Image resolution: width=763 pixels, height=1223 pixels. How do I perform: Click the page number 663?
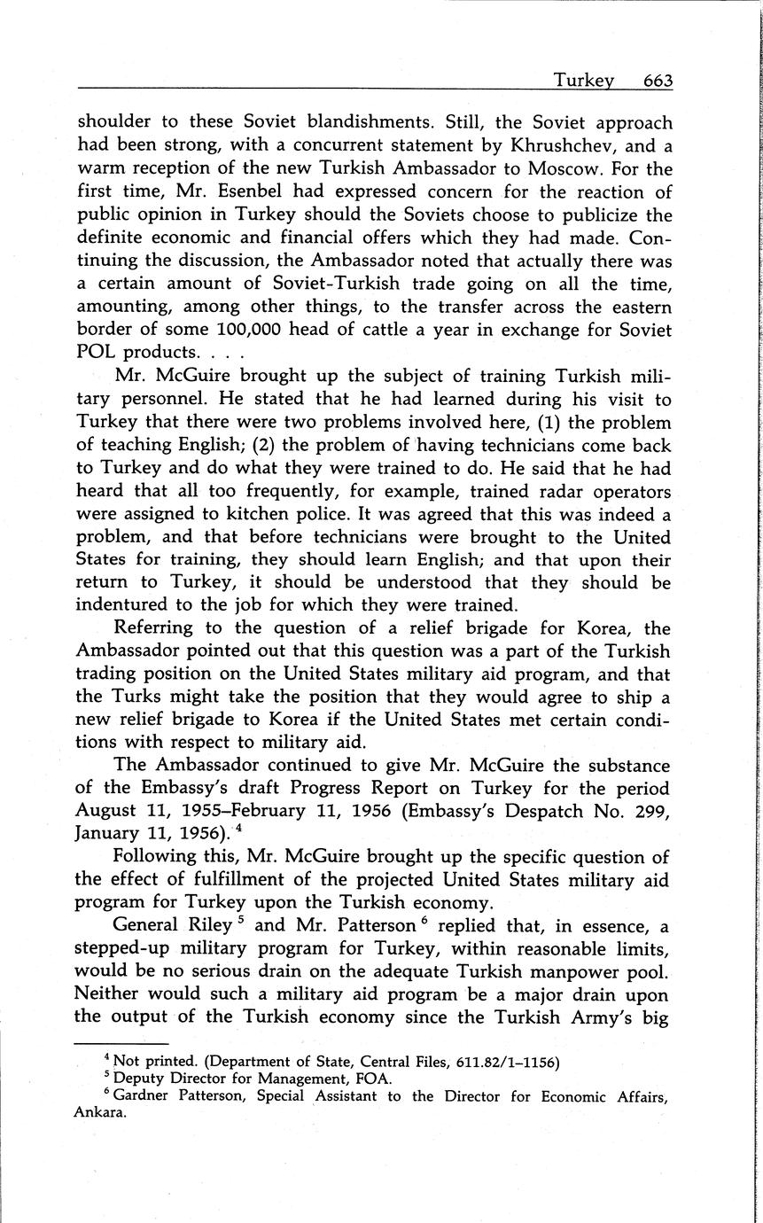658,81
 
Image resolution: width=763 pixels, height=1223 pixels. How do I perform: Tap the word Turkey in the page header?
584,81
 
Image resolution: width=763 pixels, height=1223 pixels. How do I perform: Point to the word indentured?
127,606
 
